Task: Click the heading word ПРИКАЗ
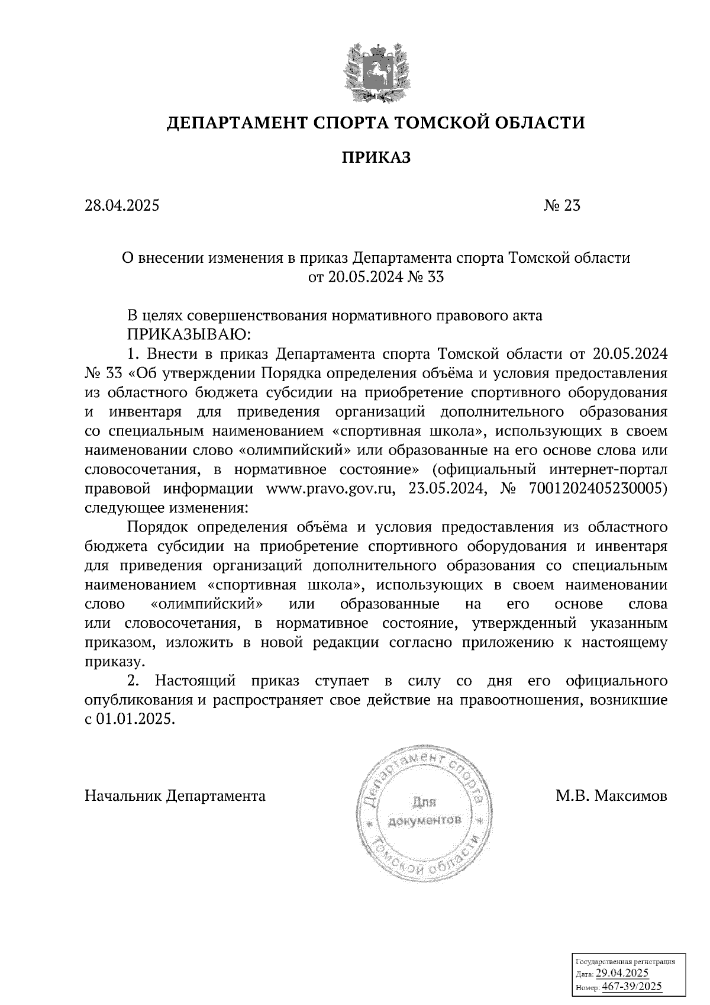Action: point(376,158)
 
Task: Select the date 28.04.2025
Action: point(122,206)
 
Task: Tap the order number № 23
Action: point(561,206)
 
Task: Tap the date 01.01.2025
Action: point(135,719)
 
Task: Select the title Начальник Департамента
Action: point(175,795)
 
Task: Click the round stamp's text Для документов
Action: point(424,812)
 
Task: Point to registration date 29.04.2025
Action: point(622,974)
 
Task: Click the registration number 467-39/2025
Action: point(631,986)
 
